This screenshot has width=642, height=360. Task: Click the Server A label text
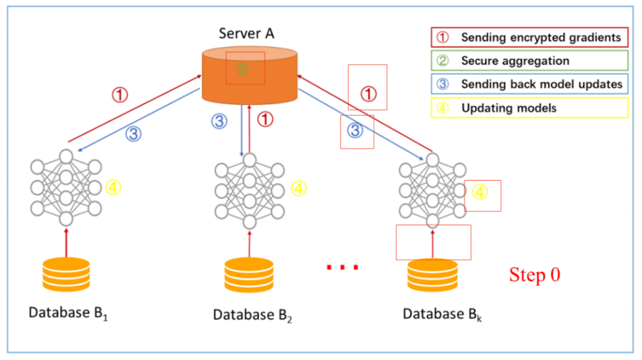click(247, 33)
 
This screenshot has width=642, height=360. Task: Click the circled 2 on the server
click(243, 70)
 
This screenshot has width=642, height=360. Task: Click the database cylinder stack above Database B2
click(249, 275)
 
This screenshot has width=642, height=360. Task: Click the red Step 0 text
click(534, 275)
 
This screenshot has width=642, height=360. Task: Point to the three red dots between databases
click(342, 268)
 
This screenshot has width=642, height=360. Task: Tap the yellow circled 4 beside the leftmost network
click(113, 188)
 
